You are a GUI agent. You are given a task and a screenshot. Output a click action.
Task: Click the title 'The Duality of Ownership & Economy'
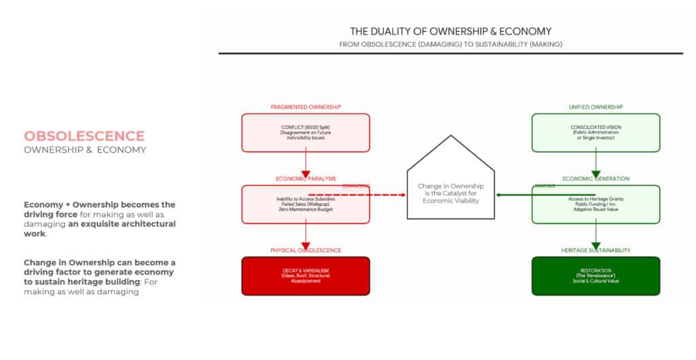[450, 31]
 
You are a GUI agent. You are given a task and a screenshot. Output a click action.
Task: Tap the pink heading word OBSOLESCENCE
[84, 136]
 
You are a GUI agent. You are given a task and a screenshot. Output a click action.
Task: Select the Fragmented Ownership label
[305, 107]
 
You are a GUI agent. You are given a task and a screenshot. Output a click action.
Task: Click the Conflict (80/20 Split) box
[305, 132]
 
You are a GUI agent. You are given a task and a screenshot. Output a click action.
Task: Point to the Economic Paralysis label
[305, 179]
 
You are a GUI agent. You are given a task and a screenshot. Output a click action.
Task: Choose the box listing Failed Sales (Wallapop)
[305, 204]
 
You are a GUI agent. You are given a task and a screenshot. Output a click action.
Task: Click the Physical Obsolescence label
[305, 250]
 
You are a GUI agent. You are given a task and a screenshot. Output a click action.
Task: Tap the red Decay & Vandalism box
[305, 276]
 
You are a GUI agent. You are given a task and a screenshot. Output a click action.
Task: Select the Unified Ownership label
[595, 107]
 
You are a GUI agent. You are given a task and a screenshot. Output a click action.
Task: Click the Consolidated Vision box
[595, 132]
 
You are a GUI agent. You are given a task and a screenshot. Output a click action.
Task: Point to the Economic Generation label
[595, 179]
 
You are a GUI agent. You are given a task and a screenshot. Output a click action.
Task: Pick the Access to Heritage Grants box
[595, 204]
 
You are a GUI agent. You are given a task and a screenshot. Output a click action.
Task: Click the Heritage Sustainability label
[595, 250]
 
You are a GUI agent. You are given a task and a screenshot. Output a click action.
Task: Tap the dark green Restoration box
[595, 276]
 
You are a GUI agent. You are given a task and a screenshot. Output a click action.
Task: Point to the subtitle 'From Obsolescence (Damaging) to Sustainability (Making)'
[450, 44]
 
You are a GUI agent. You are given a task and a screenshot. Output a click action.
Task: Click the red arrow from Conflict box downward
[305, 165]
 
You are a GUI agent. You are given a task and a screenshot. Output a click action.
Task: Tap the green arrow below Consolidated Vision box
[595, 165]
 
